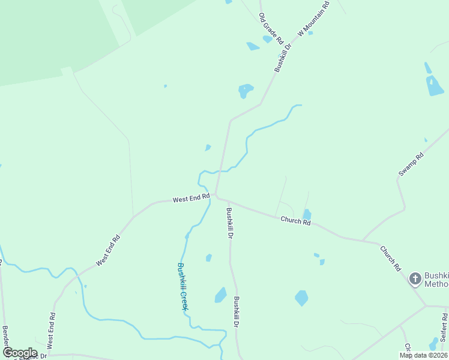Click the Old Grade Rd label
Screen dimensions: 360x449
271,28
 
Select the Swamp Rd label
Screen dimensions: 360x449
411,164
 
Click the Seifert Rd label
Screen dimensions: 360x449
444,325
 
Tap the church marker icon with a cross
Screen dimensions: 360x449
415,278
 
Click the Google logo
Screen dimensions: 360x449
19,353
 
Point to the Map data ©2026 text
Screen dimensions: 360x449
423,355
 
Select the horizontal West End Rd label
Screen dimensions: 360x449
191,198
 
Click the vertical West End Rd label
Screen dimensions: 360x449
52,331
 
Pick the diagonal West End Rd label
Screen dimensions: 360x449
108,251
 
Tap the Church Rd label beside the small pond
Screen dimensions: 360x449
295,221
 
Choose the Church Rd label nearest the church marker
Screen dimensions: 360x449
390,259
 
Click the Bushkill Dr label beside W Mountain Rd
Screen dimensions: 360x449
283,58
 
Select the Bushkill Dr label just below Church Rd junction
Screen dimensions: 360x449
229,223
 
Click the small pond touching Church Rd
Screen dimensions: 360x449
307,215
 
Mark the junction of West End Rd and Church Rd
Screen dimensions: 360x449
216,196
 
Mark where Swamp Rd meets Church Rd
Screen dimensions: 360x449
363,241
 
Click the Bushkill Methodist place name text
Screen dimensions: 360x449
436,280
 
